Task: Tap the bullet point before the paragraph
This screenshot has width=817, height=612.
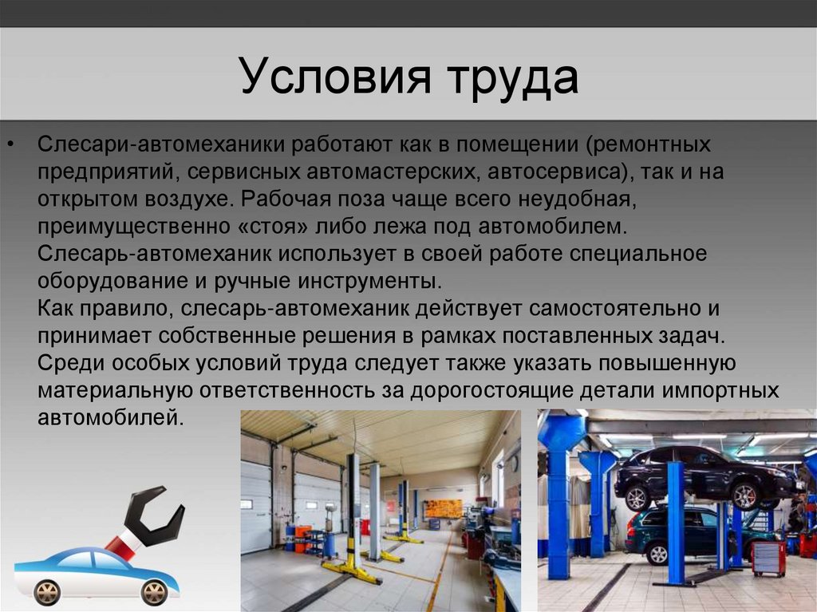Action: tap(12, 143)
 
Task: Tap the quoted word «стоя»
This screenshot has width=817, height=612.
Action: tap(274, 227)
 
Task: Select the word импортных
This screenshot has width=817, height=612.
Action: tap(721, 391)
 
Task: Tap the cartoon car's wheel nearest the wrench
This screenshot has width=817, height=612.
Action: tap(154, 592)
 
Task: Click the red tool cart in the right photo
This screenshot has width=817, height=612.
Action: tap(769, 559)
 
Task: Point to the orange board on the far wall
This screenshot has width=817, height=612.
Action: tap(443, 508)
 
